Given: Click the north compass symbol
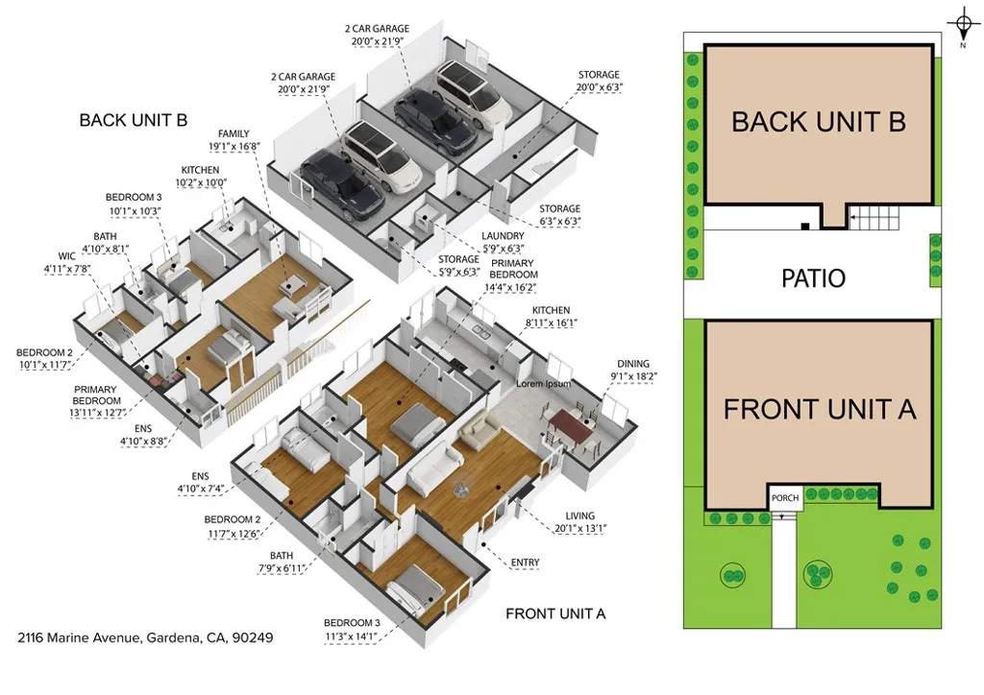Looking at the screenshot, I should pyautogui.click(x=961, y=25).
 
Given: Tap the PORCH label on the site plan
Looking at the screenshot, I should pyautogui.click(x=785, y=498).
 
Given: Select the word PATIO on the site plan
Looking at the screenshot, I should pyautogui.click(x=812, y=278).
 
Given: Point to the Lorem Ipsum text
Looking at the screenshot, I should pyautogui.click(x=544, y=384).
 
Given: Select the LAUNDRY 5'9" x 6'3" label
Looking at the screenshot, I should pyautogui.click(x=503, y=242).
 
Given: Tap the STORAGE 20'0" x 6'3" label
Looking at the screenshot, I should pyautogui.click(x=599, y=81).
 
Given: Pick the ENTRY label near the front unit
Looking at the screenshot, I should pyautogui.click(x=525, y=563).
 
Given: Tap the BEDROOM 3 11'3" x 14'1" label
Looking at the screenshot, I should pyautogui.click(x=352, y=629).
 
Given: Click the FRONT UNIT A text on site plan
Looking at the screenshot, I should pyautogui.click(x=820, y=409).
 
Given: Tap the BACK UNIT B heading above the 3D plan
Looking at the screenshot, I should pyautogui.click(x=133, y=120).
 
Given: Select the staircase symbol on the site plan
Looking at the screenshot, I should pyautogui.click(x=875, y=220).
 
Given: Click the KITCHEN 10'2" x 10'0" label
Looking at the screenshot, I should pyautogui.click(x=200, y=177).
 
